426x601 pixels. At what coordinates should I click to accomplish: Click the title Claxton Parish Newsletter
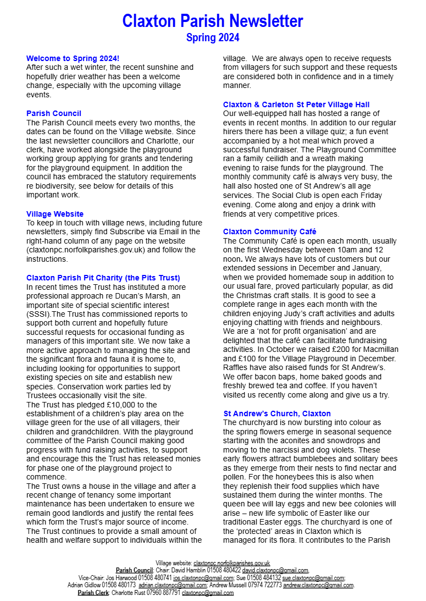coord(213,21)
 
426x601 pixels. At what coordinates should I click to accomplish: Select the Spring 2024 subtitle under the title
coord(213,37)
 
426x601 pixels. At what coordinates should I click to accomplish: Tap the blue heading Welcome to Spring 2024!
coord(73,58)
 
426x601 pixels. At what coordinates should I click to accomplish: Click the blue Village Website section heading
coord(55,214)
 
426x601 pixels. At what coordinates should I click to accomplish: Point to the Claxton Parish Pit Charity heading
coord(103,278)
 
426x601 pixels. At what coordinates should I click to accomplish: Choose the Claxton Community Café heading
coord(269,231)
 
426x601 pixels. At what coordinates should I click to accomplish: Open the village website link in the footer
coord(231,563)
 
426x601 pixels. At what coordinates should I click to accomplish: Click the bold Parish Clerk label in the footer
coord(93,593)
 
